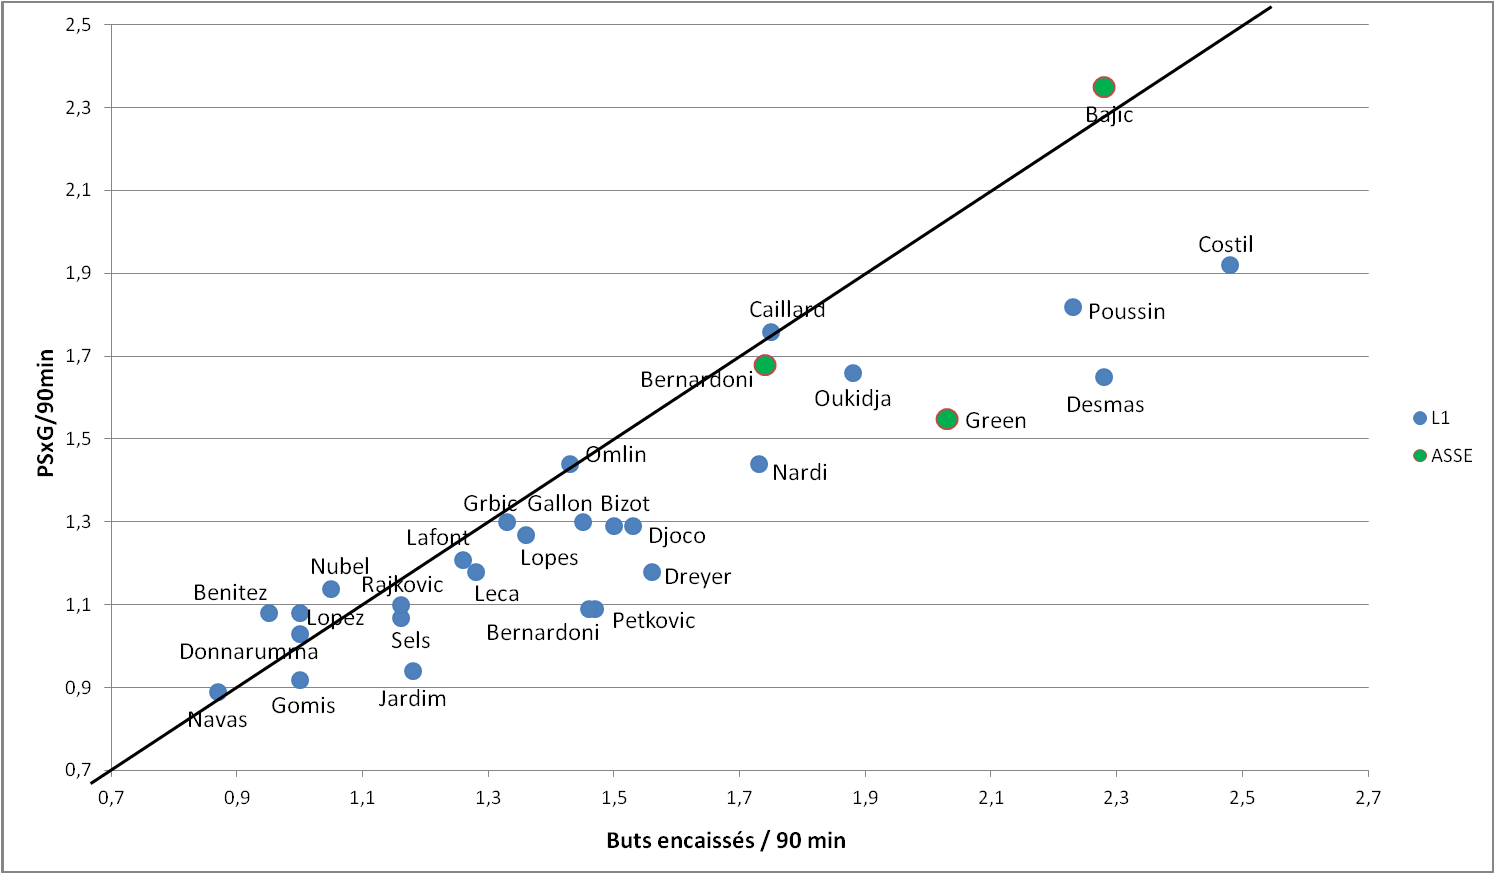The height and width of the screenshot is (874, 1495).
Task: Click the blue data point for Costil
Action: tap(1230, 265)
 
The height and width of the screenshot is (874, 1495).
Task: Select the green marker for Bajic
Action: tap(1104, 87)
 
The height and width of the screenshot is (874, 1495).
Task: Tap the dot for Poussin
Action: tap(1073, 307)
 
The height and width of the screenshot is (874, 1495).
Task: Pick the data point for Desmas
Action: tap(1104, 377)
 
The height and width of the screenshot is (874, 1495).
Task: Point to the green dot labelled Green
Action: tap(947, 419)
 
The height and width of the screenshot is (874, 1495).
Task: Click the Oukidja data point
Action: tap(853, 373)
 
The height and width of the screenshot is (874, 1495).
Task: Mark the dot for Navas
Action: tap(218, 692)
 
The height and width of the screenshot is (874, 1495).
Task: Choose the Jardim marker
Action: tap(413, 671)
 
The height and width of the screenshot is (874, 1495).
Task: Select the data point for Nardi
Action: tap(759, 464)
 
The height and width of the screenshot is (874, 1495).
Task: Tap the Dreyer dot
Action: tap(652, 572)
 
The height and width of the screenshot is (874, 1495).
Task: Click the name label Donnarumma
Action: tap(248, 652)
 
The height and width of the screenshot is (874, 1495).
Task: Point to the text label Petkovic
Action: tap(653, 621)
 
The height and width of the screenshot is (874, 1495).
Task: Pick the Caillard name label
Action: tap(787, 310)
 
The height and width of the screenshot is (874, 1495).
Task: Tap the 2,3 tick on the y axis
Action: tap(78, 107)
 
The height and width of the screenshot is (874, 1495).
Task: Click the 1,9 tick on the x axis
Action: tap(865, 797)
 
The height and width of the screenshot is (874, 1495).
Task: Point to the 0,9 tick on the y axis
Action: tap(78, 688)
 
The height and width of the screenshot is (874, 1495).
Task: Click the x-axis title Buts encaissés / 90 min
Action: tap(726, 841)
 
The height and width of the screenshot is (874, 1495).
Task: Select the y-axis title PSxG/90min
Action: tap(46, 413)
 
